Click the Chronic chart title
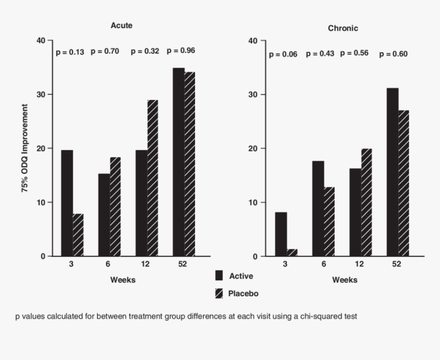click(343, 29)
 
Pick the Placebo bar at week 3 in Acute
click(78, 235)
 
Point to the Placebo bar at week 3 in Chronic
click(292, 252)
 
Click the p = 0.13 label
click(70, 52)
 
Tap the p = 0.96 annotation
click(181, 51)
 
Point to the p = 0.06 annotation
click(283, 55)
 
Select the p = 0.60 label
click(393, 54)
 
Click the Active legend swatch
click(219, 276)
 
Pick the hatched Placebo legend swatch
click(219, 294)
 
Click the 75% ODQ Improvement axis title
click(25, 148)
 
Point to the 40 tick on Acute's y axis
click(41, 40)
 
